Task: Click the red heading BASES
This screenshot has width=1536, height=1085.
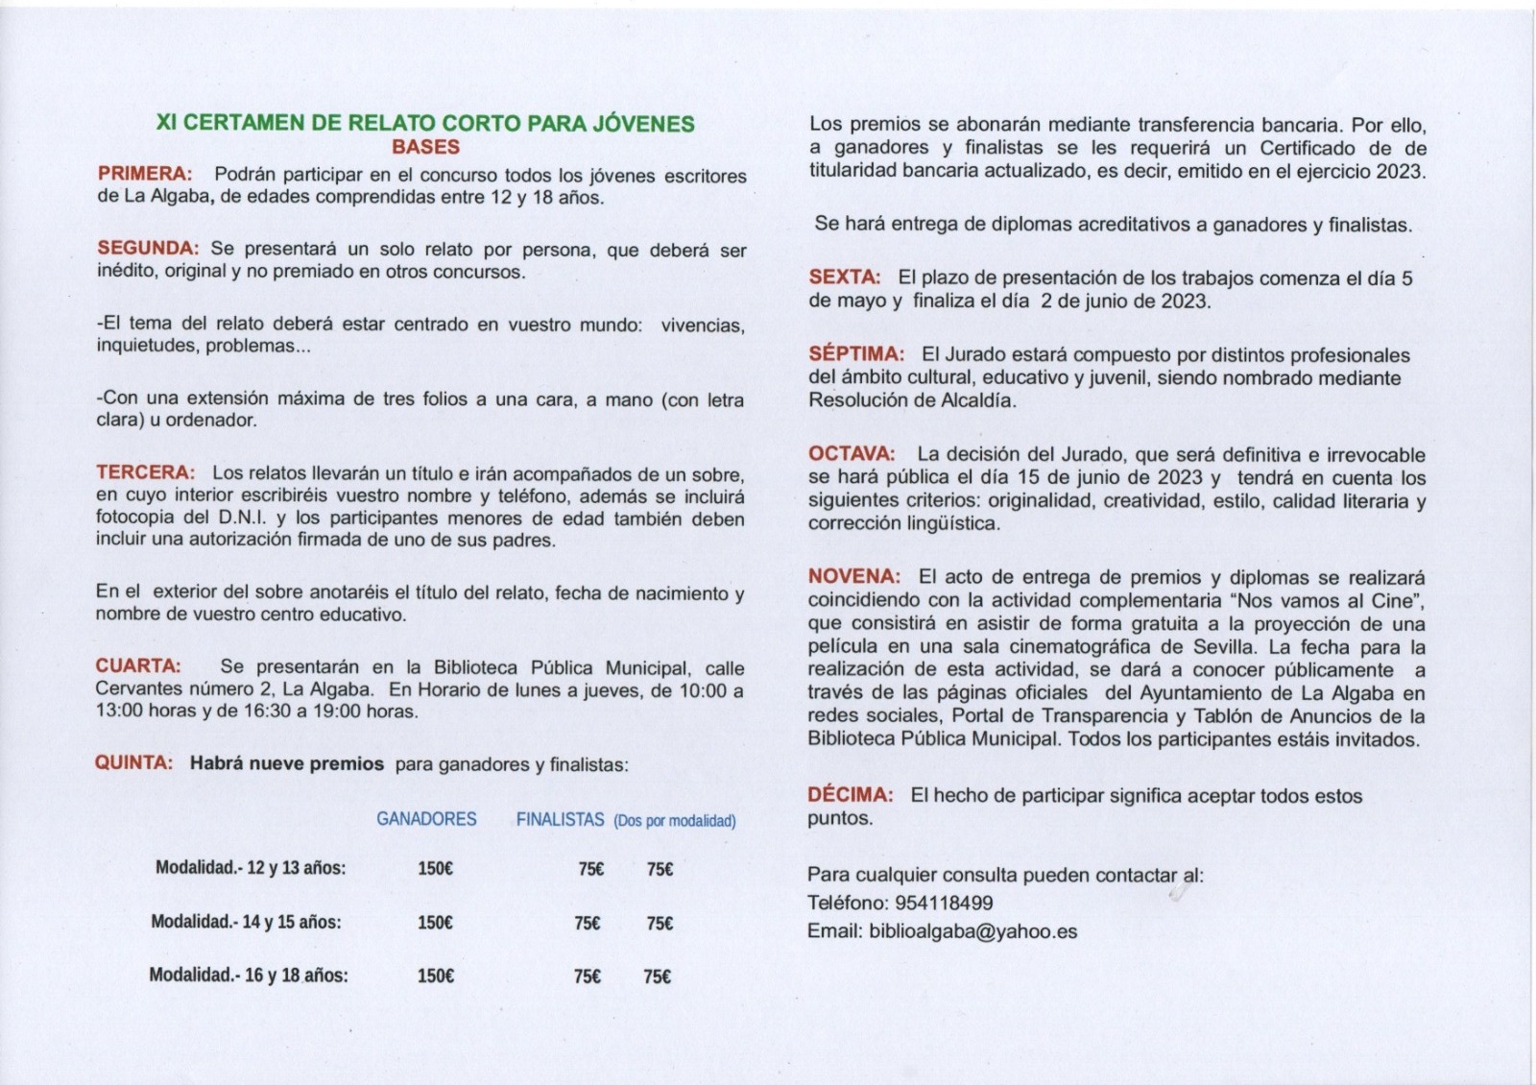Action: [425, 147]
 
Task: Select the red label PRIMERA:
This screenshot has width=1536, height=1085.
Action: [145, 174]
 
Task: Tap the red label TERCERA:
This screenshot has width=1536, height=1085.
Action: [145, 472]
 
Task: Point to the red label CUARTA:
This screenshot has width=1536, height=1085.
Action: [138, 665]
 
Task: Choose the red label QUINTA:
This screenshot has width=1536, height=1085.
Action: [133, 762]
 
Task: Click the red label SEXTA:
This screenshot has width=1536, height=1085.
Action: [845, 277]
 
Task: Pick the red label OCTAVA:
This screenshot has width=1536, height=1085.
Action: [852, 453]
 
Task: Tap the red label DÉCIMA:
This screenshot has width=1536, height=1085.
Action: [851, 795]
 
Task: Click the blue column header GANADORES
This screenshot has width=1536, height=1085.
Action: [426, 819]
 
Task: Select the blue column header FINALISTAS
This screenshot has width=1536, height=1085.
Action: [561, 820]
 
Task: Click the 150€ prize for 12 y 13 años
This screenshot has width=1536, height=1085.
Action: [435, 869]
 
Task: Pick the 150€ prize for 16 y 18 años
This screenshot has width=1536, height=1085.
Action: [435, 976]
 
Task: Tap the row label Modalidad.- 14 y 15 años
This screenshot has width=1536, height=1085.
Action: [246, 922]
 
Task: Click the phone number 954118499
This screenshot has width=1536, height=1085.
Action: [944, 903]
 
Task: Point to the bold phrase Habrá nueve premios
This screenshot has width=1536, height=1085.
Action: [287, 764]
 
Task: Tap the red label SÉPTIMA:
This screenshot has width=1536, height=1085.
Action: [856, 354]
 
